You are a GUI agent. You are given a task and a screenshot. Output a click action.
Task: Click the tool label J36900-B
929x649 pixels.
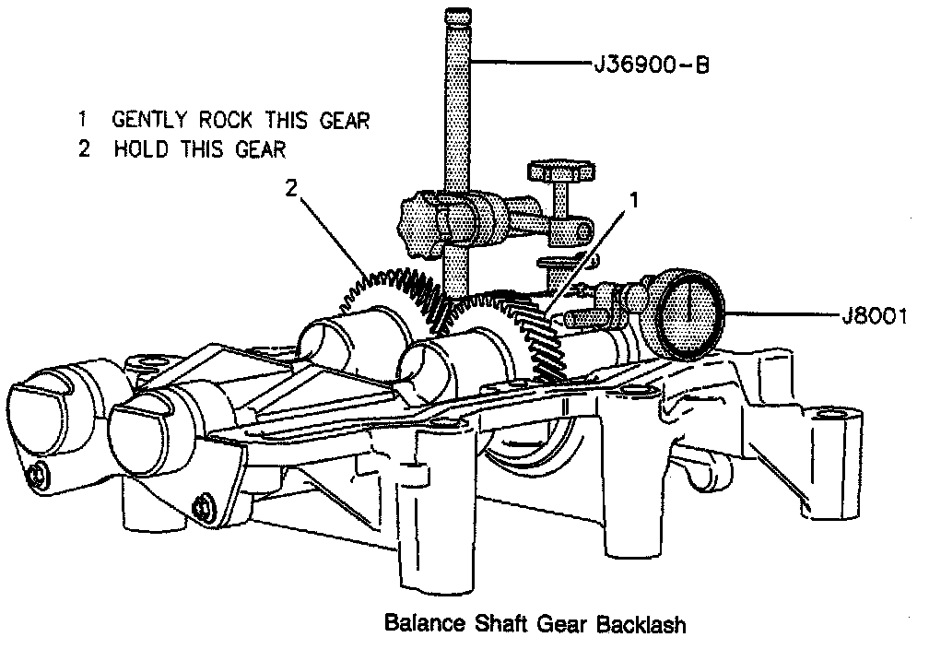651,65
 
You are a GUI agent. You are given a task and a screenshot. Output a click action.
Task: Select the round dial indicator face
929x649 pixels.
689,313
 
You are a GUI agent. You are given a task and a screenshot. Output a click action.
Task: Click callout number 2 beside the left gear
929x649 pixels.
293,188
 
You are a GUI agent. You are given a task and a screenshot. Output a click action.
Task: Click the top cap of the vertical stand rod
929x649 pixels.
458,17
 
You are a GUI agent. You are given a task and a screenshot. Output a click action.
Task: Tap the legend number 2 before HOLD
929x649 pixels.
84,148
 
